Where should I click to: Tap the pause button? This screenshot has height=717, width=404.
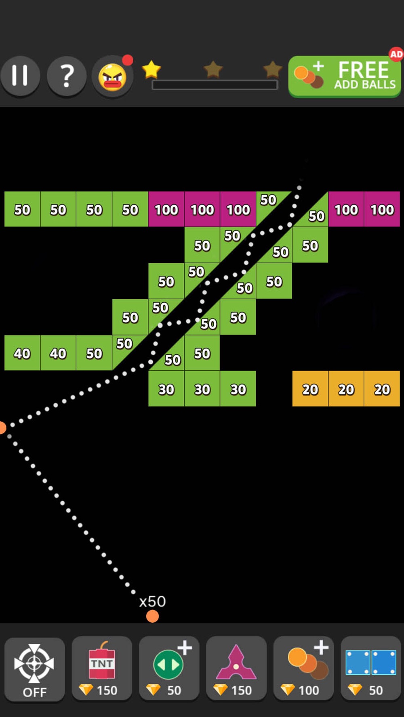click(20, 76)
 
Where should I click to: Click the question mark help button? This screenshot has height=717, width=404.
click(67, 76)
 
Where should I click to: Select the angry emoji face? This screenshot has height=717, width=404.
click(113, 77)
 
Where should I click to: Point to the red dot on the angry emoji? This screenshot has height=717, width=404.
click(128, 60)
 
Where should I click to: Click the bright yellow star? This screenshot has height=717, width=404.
click(151, 69)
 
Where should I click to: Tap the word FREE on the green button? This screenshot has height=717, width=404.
click(363, 70)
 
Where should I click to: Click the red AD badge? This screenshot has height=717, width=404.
click(396, 54)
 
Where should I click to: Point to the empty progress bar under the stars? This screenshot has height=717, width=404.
click(215, 85)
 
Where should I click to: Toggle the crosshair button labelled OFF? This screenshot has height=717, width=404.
click(35, 669)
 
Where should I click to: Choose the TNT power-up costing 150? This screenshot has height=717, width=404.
click(102, 669)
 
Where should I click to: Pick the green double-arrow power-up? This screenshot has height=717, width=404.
click(169, 669)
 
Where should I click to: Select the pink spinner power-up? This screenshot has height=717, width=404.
click(236, 669)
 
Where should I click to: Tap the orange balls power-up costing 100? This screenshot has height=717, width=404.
click(303, 669)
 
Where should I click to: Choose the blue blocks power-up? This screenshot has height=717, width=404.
click(371, 669)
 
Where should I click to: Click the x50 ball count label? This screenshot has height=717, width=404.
click(152, 602)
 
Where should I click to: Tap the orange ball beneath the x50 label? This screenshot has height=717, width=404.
click(152, 616)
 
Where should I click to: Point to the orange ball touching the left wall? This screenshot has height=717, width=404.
click(2, 427)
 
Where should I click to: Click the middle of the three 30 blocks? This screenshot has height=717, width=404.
click(202, 389)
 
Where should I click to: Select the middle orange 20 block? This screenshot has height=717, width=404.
click(346, 389)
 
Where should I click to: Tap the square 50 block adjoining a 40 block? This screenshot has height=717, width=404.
click(94, 353)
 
